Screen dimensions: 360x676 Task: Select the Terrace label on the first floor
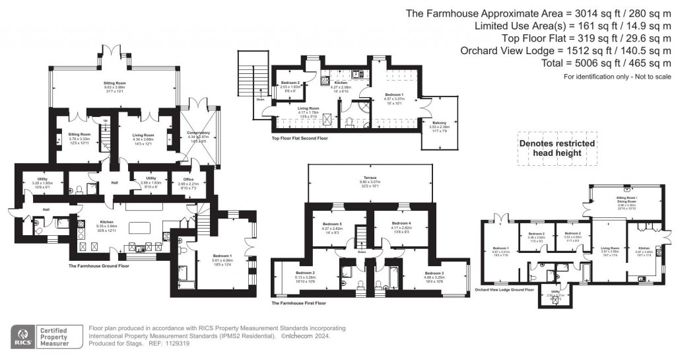pyautogui.click(x=368, y=178)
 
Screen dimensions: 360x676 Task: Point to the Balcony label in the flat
pyautogui.click(x=439, y=124)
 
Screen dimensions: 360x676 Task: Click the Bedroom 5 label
pyautogui.click(x=331, y=225)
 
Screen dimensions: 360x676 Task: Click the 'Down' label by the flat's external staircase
pyautogui.click(x=260, y=100)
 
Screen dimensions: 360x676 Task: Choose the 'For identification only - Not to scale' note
pyautogui.click(x=617, y=77)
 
